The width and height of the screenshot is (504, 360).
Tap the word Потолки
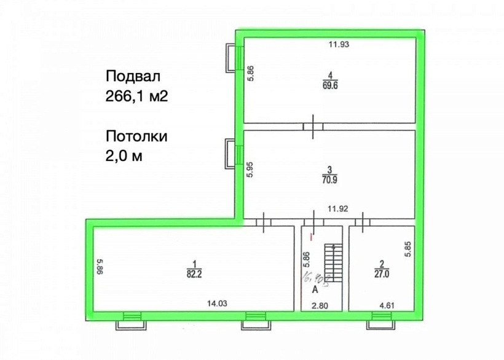(x=136, y=136)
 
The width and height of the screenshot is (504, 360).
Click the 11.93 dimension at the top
(x=339, y=44)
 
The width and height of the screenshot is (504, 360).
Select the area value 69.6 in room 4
(x=330, y=86)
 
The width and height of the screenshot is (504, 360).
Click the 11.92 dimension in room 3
(x=338, y=209)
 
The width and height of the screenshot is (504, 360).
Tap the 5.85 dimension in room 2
(x=408, y=248)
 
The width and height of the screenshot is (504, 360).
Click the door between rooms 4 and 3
(x=313, y=127)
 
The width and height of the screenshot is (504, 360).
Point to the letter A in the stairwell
(x=314, y=288)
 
